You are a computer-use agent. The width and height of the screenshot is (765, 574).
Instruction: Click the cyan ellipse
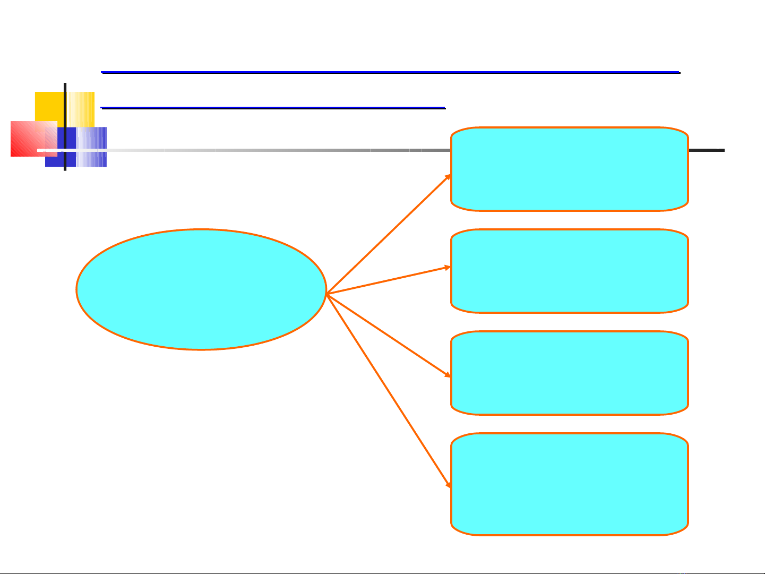(201, 289)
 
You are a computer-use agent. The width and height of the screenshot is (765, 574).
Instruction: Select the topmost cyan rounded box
(569, 169)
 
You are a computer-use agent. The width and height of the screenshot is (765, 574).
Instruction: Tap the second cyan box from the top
(569, 271)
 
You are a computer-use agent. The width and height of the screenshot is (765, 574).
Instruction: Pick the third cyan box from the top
(569, 373)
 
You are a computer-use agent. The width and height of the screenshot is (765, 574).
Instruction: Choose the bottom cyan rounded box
(569, 484)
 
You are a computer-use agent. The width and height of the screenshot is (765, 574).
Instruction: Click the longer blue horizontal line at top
(390, 72)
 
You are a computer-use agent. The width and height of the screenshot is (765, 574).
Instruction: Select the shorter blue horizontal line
(273, 108)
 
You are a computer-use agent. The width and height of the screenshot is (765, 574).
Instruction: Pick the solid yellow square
(49, 106)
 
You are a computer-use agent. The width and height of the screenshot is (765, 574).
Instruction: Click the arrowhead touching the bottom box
(449, 485)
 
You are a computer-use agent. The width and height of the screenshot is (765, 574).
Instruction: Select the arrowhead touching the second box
(448, 268)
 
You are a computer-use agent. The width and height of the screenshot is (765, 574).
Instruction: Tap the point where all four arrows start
(327, 293)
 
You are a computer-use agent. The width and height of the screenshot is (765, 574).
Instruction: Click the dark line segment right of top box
(706, 150)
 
